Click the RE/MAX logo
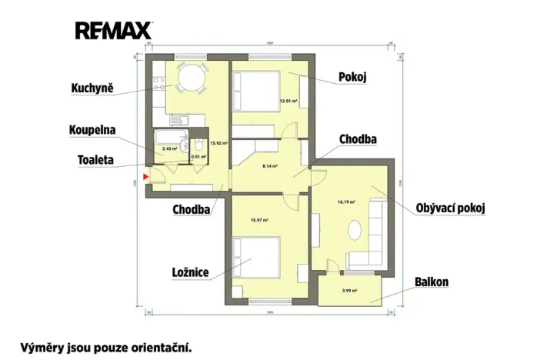tap(114, 30)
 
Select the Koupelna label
tap(92, 129)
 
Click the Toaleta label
tap(95, 161)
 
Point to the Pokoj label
tap(353, 77)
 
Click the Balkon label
tap(431, 282)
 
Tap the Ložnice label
tap(191, 272)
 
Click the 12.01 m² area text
tap(288, 101)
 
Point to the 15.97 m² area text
tap(258, 220)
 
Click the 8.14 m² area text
tap(270, 165)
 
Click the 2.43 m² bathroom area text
tap(169, 148)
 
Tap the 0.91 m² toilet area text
tap(198, 157)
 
